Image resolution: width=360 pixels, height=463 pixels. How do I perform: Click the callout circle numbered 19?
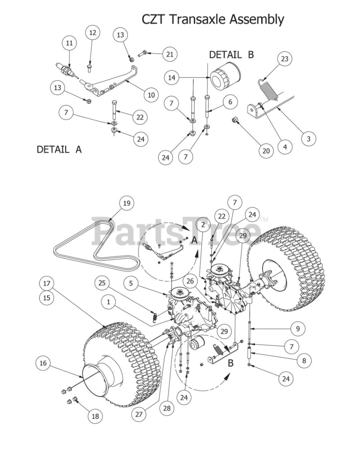[x=126, y=203]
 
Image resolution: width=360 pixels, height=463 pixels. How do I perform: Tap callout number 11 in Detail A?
[x=69, y=43]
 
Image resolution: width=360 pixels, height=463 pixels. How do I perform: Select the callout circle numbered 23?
[x=284, y=59]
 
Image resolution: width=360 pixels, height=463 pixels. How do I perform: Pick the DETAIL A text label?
[x=59, y=149]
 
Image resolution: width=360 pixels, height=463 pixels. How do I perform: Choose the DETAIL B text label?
[x=231, y=55]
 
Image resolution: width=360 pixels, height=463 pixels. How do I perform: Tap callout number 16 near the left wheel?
[x=43, y=363]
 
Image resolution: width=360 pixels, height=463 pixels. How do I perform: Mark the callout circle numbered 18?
[x=95, y=416]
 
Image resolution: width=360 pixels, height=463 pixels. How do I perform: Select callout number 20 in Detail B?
[x=266, y=150]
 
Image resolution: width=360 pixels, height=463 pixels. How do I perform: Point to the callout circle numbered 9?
[x=297, y=329]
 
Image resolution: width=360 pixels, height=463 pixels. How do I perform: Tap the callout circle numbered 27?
[x=139, y=414]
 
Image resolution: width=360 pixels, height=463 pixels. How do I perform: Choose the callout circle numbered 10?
[x=151, y=95]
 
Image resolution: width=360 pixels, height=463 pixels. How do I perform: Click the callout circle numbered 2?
[x=203, y=225]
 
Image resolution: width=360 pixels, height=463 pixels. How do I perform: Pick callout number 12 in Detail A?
[x=93, y=33]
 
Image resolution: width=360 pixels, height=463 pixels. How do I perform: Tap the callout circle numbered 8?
[x=304, y=360]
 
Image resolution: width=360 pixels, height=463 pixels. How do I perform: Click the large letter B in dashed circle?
[x=230, y=363]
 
